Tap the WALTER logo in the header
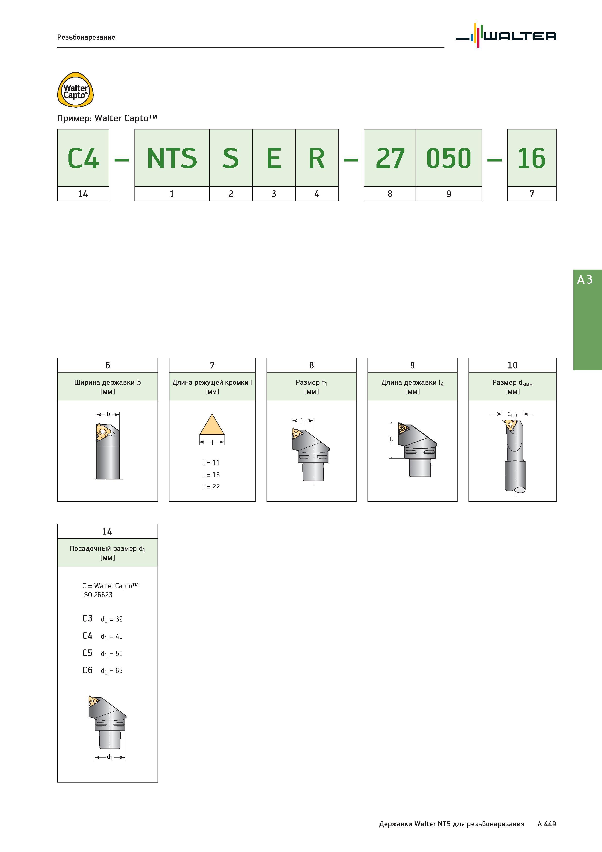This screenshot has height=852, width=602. tap(506, 36)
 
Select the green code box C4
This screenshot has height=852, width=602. tap(83, 158)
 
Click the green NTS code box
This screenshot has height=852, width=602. tap(172, 158)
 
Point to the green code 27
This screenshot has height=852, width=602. tap(390, 158)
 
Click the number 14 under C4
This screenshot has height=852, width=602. tap(83, 194)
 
